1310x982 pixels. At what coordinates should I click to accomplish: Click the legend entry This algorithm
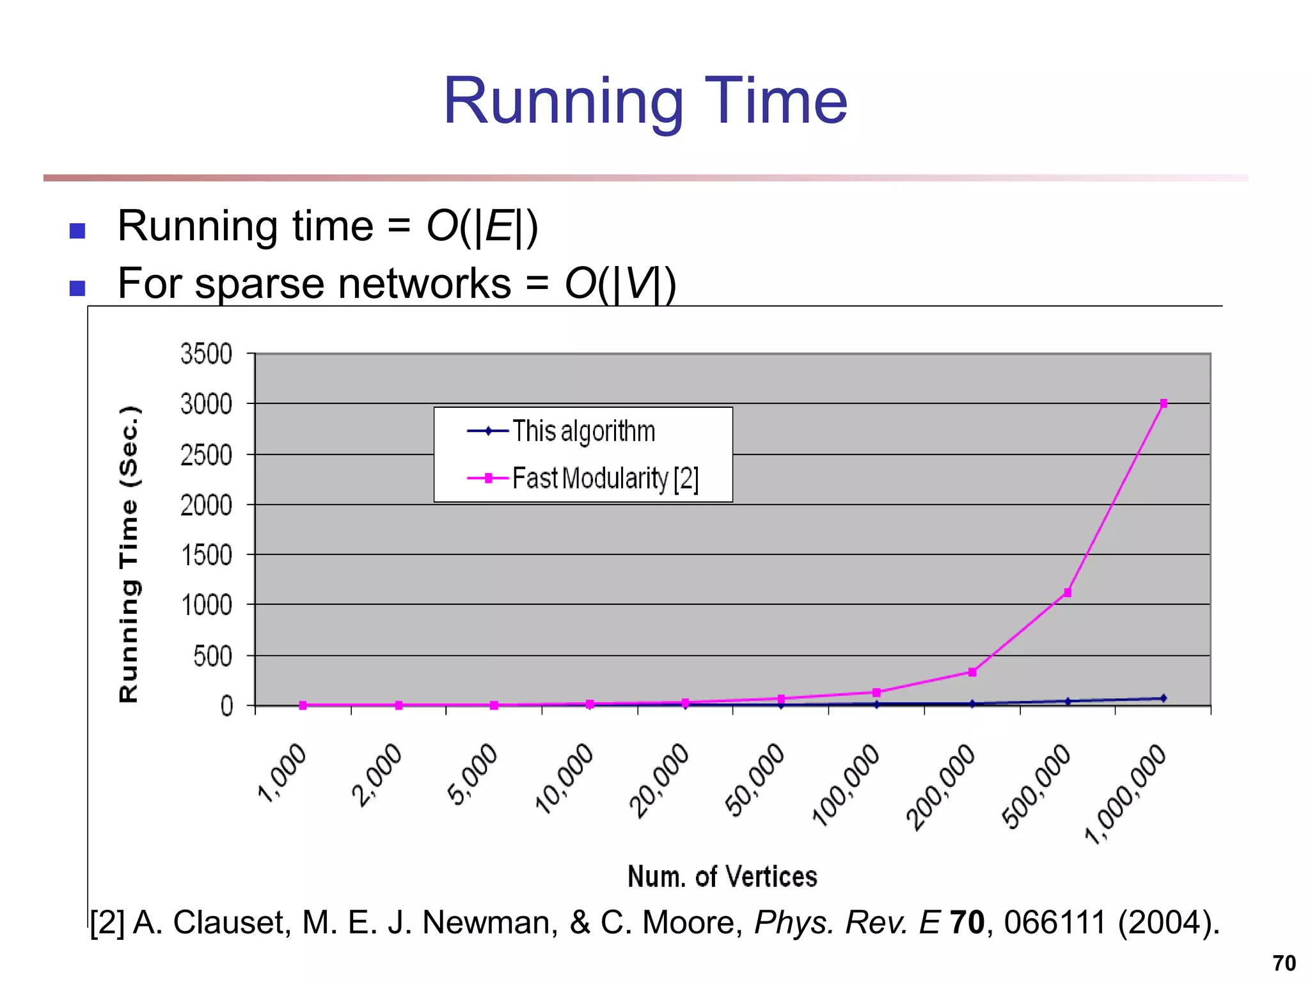(x=583, y=431)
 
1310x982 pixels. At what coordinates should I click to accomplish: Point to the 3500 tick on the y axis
(x=206, y=354)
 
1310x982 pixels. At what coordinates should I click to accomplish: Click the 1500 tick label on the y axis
(x=206, y=555)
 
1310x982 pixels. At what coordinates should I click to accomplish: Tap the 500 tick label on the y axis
(x=212, y=656)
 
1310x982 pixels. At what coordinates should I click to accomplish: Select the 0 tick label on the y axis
(x=226, y=706)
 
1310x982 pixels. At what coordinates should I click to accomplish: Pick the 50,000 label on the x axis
(x=755, y=779)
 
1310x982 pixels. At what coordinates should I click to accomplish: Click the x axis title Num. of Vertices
(x=722, y=877)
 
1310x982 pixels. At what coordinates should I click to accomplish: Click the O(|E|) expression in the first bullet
(x=482, y=226)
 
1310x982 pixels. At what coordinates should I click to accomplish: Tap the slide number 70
(x=1284, y=963)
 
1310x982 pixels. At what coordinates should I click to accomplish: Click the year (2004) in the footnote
(x=1169, y=923)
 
